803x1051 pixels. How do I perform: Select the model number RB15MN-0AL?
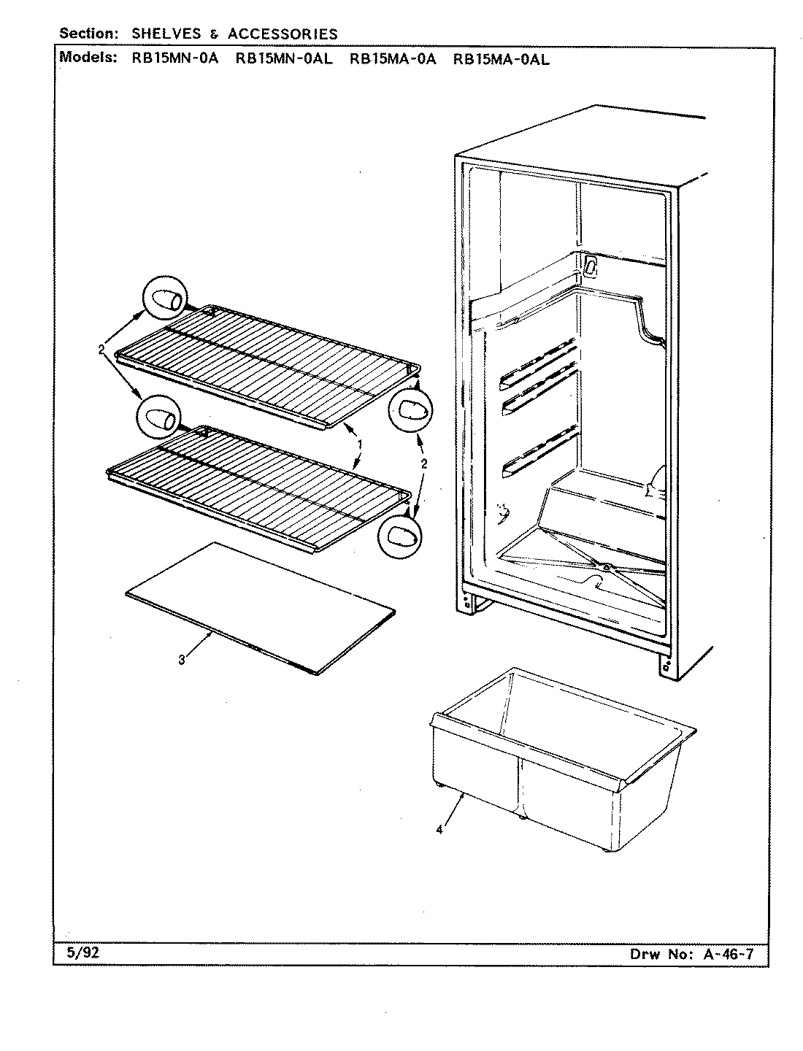pyautogui.click(x=283, y=60)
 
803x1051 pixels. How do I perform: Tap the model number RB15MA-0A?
pyautogui.click(x=392, y=60)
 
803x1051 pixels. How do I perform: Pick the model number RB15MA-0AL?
pyautogui.click(x=501, y=60)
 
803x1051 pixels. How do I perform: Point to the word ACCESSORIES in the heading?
pyautogui.click(x=283, y=34)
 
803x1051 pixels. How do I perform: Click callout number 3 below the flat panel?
pyautogui.click(x=181, y=661)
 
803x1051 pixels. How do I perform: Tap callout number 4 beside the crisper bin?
pyautogui.click(x=438, y=829)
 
